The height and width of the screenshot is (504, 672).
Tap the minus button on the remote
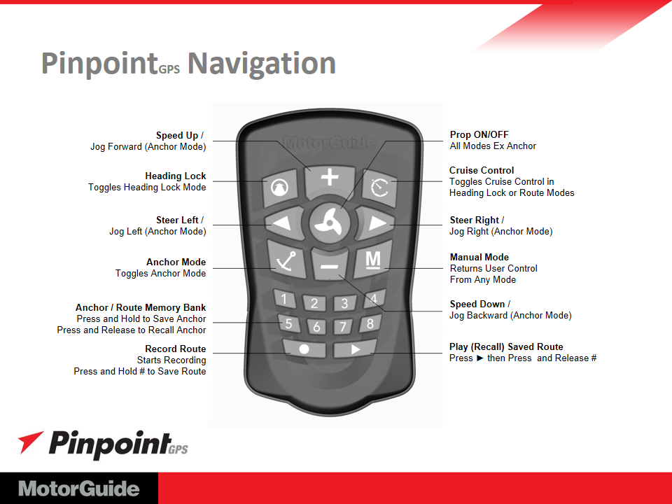[329, 265]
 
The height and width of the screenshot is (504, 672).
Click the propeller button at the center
[329, 223]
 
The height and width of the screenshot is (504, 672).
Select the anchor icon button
[286, 260]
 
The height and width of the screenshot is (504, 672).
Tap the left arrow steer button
[283, 223]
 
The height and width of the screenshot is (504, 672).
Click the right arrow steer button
[375, 223]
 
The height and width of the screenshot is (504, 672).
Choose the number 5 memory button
[288, 323]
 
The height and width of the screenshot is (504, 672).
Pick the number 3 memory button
[344, 303]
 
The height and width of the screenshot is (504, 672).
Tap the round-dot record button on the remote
[304, 349]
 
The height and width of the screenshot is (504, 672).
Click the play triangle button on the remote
[355, 349]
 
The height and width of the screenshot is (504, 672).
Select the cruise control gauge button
[379, 188]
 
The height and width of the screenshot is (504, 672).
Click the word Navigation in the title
[261, 64]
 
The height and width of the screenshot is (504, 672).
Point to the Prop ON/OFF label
[479, 134]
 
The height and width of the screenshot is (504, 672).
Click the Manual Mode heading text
[479, 257]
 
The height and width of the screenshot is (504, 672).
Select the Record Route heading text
[175, 349]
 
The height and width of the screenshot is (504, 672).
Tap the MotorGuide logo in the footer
[79, 489]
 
